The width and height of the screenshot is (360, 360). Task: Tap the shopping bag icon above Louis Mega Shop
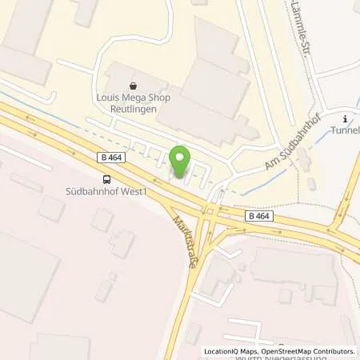click(133, 83)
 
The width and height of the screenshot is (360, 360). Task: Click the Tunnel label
click(346, 130)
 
